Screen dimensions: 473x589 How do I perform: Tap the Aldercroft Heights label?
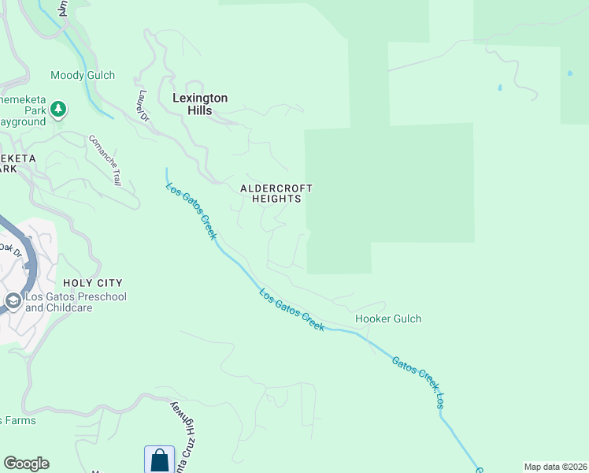(276, 194)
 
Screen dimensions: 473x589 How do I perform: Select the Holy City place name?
(93, 282)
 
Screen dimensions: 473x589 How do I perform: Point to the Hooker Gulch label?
(388, 318)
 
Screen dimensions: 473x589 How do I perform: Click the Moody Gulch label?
(83, 76)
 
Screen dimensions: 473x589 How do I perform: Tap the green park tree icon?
(59, 109)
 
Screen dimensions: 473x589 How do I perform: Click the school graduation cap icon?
(13, 301)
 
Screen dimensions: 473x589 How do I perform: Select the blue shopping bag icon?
(159, 460)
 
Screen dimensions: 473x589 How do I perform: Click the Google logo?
(26, 464)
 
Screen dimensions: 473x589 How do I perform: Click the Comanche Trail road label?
(105, 161)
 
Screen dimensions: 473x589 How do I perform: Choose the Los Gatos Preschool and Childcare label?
(76, 302)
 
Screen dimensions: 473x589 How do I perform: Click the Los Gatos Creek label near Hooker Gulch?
(292, 310)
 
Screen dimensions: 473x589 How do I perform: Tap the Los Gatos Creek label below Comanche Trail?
(191, 211)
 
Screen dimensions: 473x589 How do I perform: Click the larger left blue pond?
(499, 88)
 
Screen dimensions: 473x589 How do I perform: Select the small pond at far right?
(569, 73)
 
